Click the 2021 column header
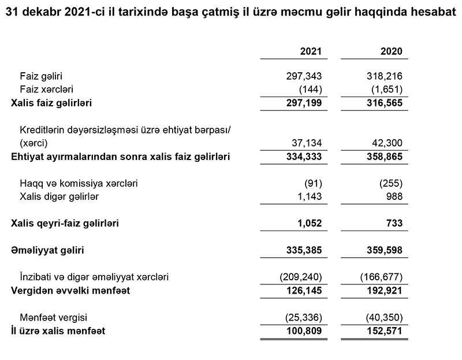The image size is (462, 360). [311, 51]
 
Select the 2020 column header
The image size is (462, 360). [392, 51]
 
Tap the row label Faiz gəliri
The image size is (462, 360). [41, 76]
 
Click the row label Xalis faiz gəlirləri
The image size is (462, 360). [52, 103]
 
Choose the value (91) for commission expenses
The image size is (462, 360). [312, 184]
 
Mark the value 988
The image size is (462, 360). [393, 197]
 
